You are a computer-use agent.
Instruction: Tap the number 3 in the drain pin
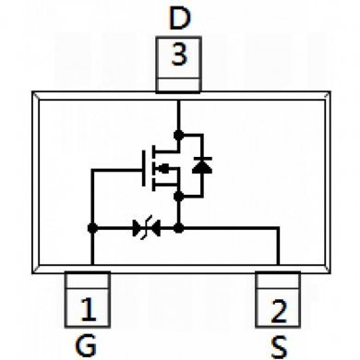(179, 55)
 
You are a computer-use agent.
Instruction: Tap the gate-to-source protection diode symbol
(143, 226)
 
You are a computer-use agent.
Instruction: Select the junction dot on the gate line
(91, 226)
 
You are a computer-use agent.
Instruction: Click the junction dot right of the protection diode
(179, 226)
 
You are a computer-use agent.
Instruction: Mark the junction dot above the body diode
(179, 136)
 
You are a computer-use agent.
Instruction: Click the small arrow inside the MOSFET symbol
(163, 169)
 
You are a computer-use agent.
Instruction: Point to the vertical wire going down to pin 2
(279, 249)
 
